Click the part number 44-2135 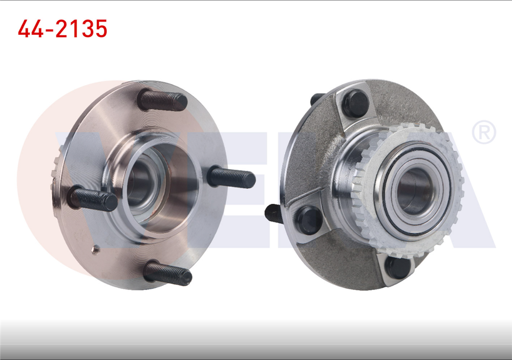coord(62,29)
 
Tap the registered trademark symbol coord(483,132)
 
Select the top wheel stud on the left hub coord(162,100)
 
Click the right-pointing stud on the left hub coord(231,178)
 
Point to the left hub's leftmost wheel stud coord(94,199)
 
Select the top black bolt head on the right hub coord(355,104)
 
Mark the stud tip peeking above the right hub coord(317,98)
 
